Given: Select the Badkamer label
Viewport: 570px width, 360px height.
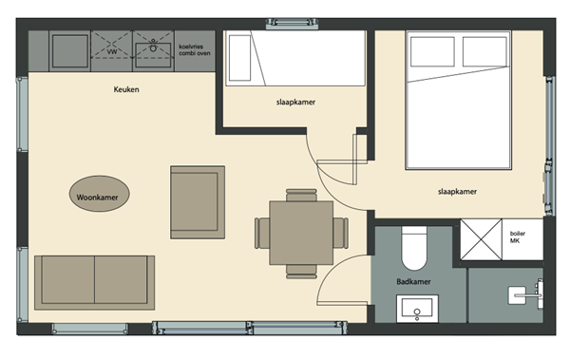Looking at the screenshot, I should tap(415, 282).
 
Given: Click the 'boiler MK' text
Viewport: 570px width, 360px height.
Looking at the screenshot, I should tap(517, 237).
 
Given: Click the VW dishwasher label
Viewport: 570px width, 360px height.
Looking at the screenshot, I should tap(113, 52).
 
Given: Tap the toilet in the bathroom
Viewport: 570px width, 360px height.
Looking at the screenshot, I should tap(414, 250).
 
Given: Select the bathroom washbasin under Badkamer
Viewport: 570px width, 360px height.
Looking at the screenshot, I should tap(417, 310).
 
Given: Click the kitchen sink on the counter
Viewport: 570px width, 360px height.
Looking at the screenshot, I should tap(153, 46).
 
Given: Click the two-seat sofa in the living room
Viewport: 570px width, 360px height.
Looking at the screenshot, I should tap(93, 283).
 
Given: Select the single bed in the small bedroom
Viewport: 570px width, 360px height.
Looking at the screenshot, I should tap(294, 59).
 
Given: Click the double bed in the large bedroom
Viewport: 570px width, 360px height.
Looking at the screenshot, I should tap(471, 100).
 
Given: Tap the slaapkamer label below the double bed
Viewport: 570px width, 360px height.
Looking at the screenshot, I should tap(457, 191).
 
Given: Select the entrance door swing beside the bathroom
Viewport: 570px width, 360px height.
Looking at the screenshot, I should tap(338, 280).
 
